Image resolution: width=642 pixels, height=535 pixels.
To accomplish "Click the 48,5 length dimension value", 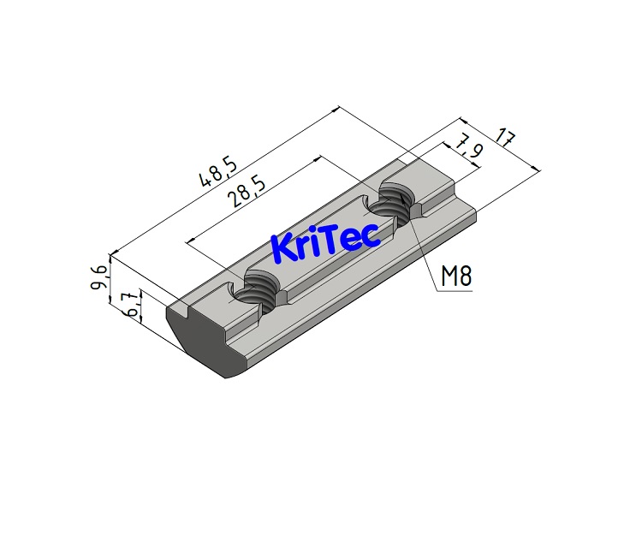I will [219, 169].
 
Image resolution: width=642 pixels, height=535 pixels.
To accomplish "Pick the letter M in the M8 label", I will [448, 276].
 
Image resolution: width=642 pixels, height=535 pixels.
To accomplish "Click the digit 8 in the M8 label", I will [466, 276].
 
